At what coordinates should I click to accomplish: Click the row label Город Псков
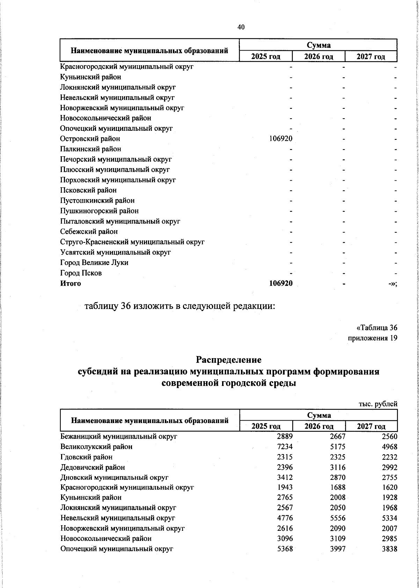click(x=81, y=273)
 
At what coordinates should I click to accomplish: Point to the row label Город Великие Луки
click(x=94, y=263)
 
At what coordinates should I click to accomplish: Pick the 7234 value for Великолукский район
click(x=285, y=446)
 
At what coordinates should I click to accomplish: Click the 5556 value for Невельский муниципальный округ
click(x=338, y=518)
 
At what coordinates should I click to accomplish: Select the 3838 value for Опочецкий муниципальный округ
click(x=390, y=549)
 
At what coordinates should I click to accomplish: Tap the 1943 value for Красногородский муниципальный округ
click(x=285, y=487)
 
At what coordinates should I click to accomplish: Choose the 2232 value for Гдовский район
click(x=390, y=457)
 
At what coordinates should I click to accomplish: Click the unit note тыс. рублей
click(x=378, y=404)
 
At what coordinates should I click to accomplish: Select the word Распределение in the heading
click(x=229, y=359)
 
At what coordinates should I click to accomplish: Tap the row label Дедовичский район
click(x=93, y=467)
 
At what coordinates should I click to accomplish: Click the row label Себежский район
click(x=89, y=232)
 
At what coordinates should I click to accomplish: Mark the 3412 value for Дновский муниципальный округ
click(x=285, y=477)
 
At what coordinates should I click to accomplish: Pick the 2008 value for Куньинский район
click(x=338, y=498)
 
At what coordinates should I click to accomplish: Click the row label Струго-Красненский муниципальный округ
click(x=132, y=242)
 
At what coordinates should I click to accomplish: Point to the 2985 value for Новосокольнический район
click(x=390, y=539)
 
